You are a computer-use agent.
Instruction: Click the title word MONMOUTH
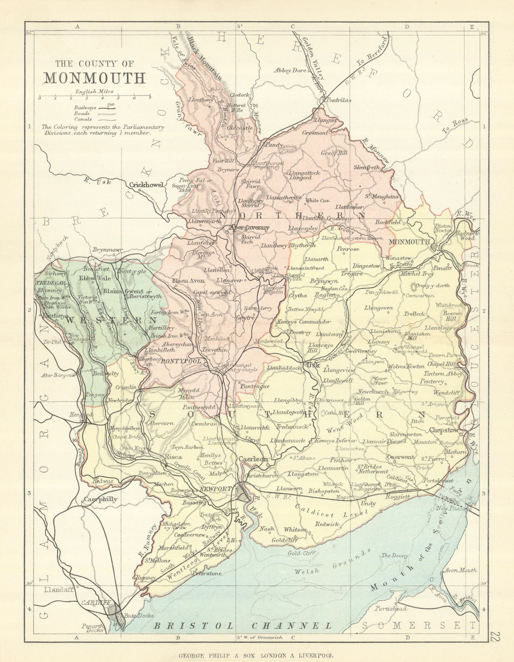point(95,78)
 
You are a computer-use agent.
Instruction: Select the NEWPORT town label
point(215,489)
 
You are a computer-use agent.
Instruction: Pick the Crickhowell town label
point(147,185)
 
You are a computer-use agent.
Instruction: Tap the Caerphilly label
point(101,499)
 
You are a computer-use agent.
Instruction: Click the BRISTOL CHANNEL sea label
point(243,626)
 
